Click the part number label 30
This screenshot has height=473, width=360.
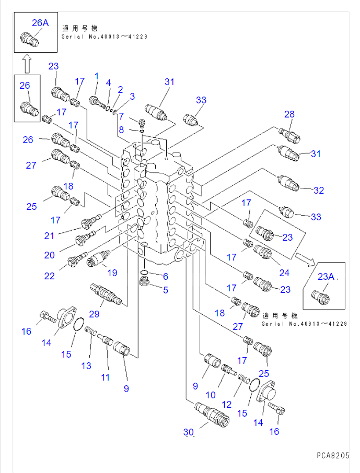[188, 432]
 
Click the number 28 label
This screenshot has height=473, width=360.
[289, 114]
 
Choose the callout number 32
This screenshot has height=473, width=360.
[319, 191]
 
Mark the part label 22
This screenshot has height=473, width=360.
[49, 276]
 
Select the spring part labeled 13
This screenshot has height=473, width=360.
[91, 333]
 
